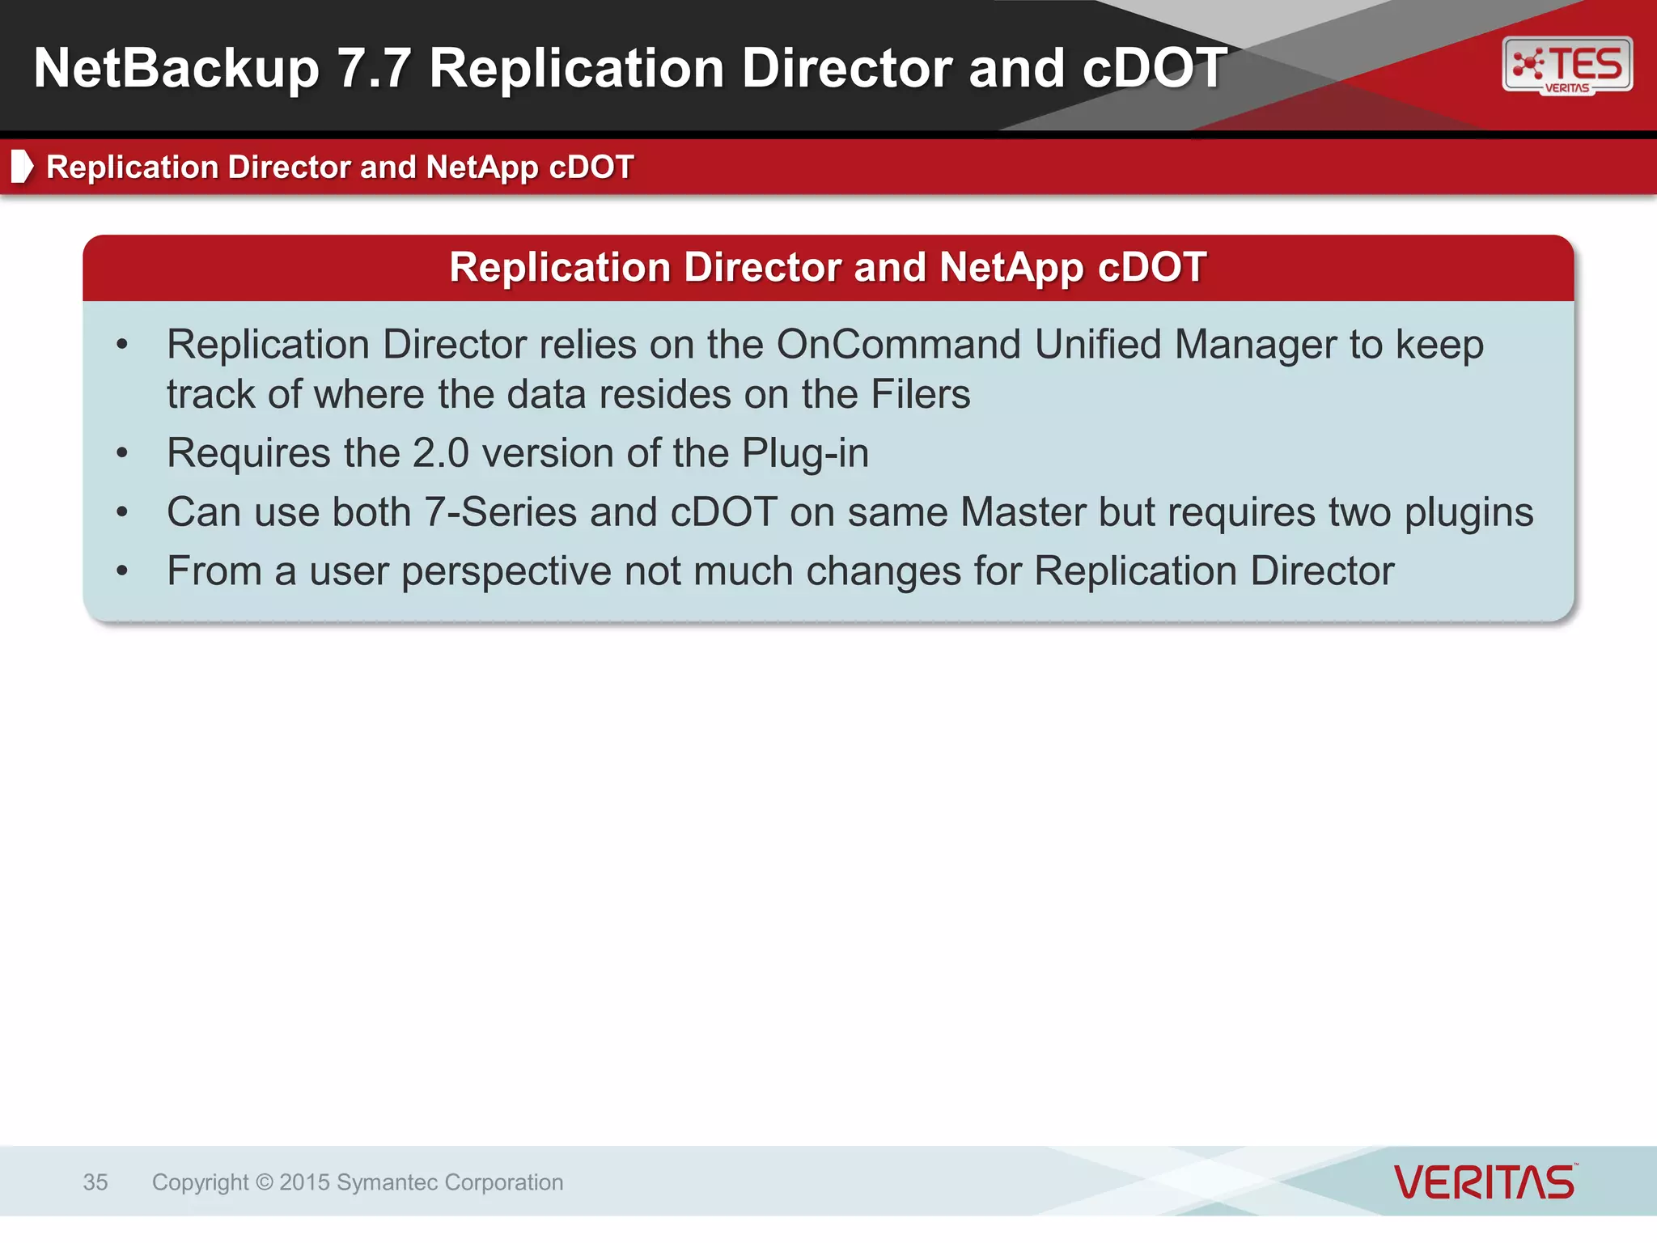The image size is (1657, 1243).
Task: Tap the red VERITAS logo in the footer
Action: (1485, 1182)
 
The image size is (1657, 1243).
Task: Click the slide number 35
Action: (95, 1182)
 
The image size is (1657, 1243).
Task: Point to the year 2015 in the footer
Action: (304, 1182)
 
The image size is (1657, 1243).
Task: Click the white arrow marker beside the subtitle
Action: (22, 166)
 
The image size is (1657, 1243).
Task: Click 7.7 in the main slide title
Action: (373, 68)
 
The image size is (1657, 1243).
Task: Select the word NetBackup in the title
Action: (176, 68)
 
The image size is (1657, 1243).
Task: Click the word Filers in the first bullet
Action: (920, 395)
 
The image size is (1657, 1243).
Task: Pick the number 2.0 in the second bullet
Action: (440, 453)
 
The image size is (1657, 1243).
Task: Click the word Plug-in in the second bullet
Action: (805, 453)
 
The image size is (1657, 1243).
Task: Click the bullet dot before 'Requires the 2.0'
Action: (122, 453)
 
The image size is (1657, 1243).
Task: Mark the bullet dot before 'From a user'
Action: (122, 571)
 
